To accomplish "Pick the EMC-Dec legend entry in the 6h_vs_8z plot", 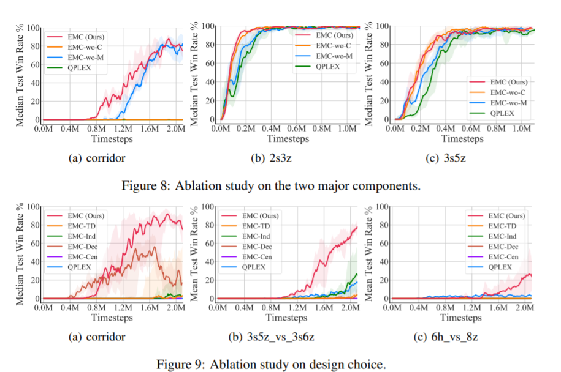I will tap(505, 247).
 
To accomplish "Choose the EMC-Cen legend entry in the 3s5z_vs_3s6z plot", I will tap(259, 257).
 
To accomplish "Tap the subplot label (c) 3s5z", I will tap(454, 158).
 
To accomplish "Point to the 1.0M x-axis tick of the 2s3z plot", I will tap(346, 130).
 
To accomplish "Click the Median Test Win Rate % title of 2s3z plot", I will tap(196, 74).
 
